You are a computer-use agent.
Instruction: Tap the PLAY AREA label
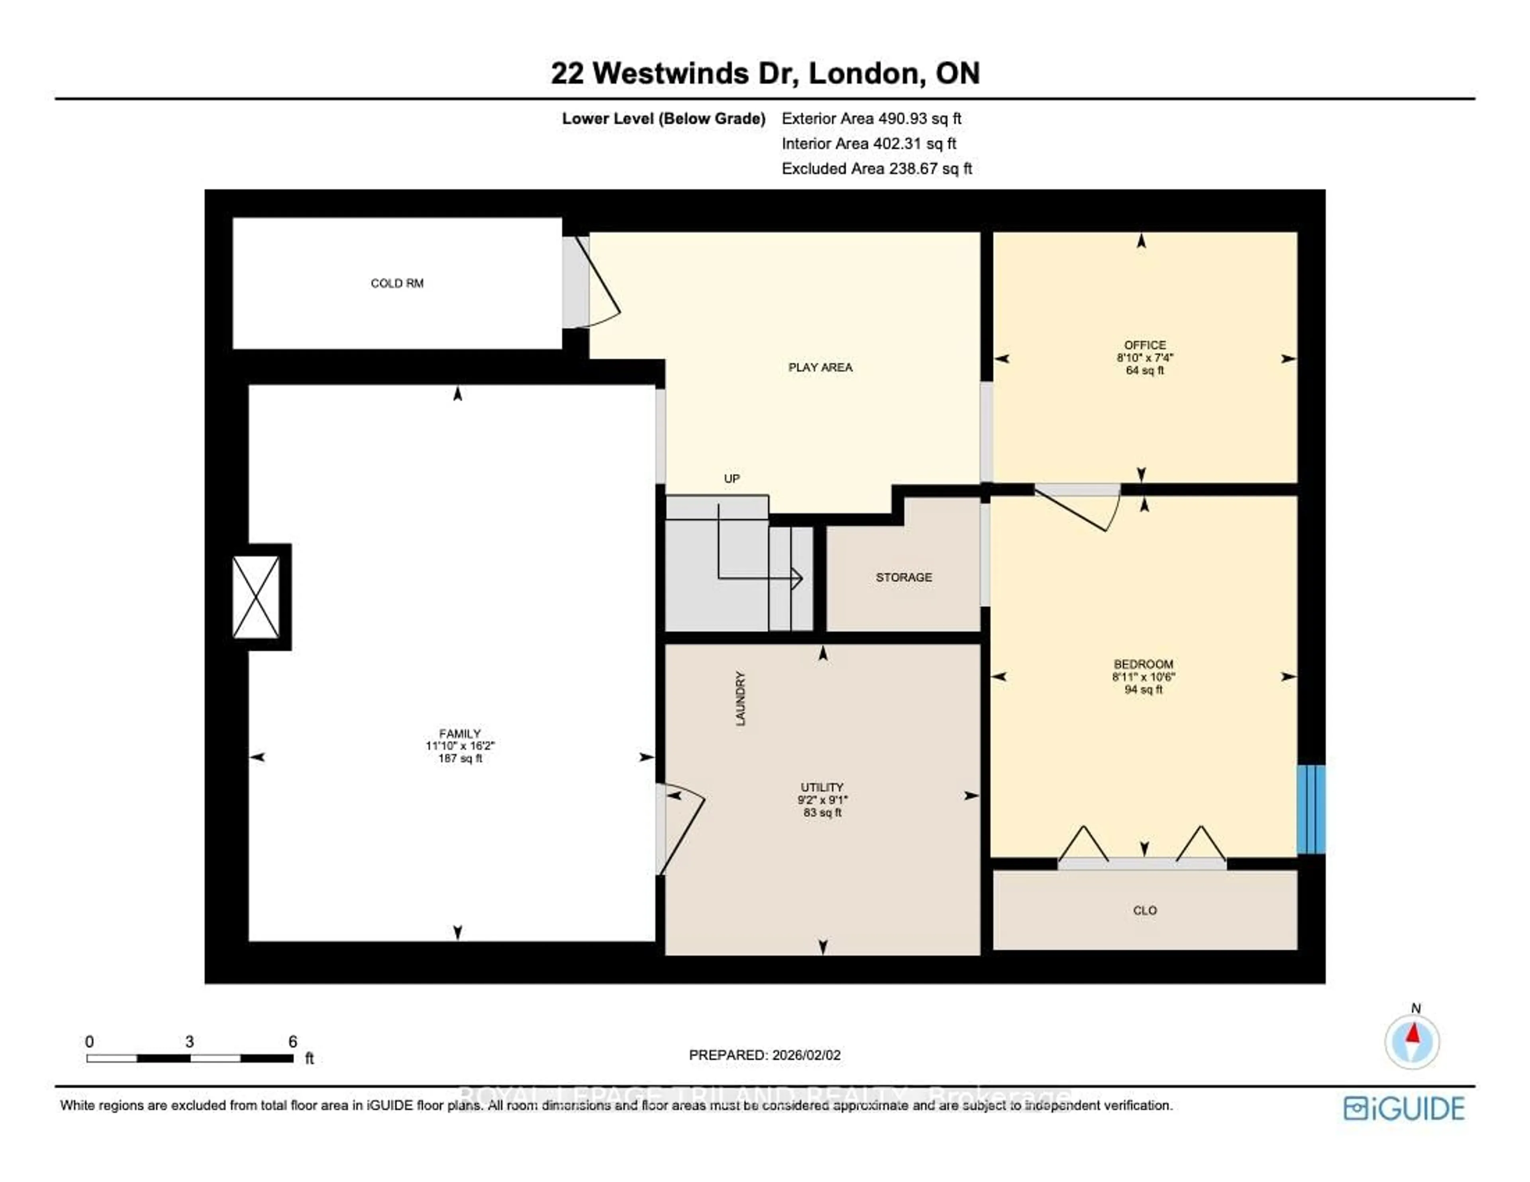click(820, 367)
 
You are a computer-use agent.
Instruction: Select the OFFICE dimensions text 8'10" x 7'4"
click(1145, 357)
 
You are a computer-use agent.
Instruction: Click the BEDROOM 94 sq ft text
click(1143, 690)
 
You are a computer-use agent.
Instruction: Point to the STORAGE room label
click(904, 577)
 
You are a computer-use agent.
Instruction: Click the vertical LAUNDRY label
click(740, 698)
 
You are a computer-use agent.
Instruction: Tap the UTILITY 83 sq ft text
click(822, 813)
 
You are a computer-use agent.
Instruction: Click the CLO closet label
click(1145, 910)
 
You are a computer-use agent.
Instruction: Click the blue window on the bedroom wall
click(1311, 809)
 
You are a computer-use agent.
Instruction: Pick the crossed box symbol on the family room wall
click(257, 597)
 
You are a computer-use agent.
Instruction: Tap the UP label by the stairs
click(732, 478)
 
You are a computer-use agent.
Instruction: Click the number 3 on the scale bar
click(189, 1042)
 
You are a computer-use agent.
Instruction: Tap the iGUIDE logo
click(1403, 1108)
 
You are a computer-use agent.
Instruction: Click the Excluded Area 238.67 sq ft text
click(877, 169)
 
